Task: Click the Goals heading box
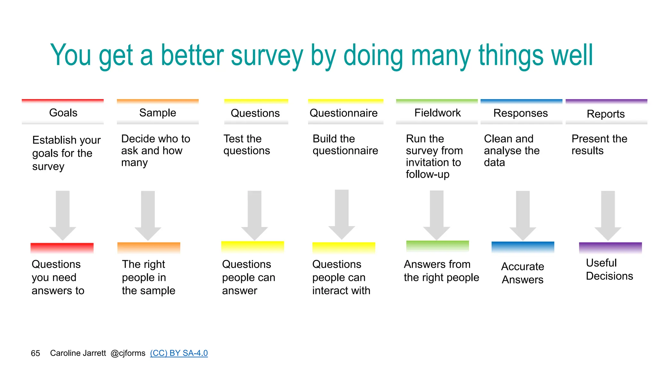[x=63, y=113]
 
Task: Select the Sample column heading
[x=158, y=113]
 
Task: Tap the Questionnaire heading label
[x=344, y=113]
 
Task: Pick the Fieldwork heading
[x=437, y=113]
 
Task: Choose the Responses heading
[x=520, y=113]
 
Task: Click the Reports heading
[x=606, y=114]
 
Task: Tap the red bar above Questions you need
[x=62, y=248]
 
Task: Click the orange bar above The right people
[x=149, y=248]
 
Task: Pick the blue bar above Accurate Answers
[x=523, y=247]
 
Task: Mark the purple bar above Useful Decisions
[x=610, y=248]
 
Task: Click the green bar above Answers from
[x=438, y=246]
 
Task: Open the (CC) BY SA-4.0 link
[x=179, y=353]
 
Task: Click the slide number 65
[x=35, y=353]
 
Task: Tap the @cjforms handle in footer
[x=128, y=353]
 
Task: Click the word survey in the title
[x=267, y=56]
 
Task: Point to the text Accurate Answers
[x=523, y=273]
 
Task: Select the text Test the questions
[x=246, y=145]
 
